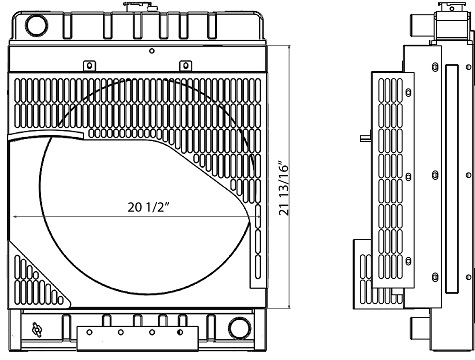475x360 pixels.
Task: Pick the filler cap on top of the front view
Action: tap(132, 7)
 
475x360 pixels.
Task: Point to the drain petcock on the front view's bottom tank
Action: tap(39, 328)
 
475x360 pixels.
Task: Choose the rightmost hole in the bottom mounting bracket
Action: tap(181, 332)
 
